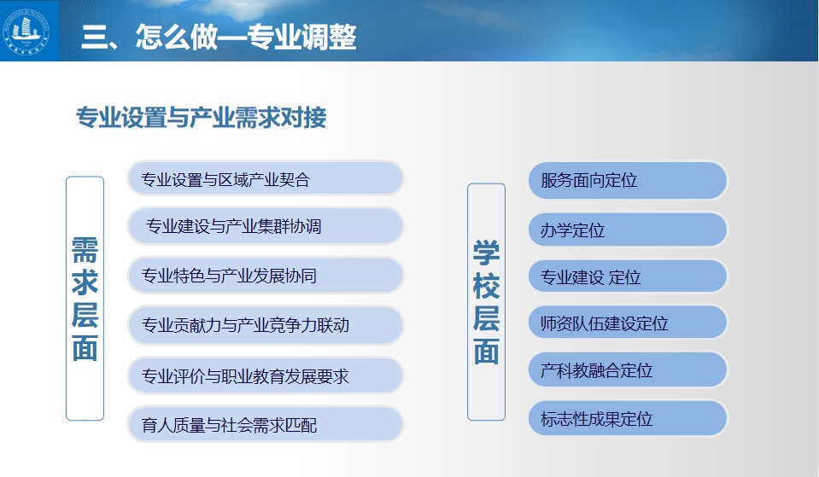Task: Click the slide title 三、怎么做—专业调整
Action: tap(219, 37)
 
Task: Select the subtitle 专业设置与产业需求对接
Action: tap(201, 117)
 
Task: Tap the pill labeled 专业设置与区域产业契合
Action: tap(266, 178)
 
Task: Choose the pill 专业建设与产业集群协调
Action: tap(266, 226)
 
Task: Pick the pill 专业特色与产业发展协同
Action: tap(266, 275)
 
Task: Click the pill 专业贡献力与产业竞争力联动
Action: tap(266, 324)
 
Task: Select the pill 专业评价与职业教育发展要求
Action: tap(266, 375)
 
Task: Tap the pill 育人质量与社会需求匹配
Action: tap(266, 424)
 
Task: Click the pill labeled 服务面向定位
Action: tap(628, 181)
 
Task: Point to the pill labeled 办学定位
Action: tap(628, 230)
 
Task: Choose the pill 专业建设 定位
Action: tap(628, 276)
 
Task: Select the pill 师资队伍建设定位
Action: tap(628, 323)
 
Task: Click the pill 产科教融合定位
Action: tap(628, 369)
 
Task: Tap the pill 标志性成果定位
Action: tap(628, 418)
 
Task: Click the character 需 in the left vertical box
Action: tap(85, 250)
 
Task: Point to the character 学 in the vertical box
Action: tap(486, 253)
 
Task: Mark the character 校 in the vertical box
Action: tap(486, 286)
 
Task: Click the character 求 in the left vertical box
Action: tap(85, 282)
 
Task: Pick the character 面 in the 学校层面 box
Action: tap(486, 352)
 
